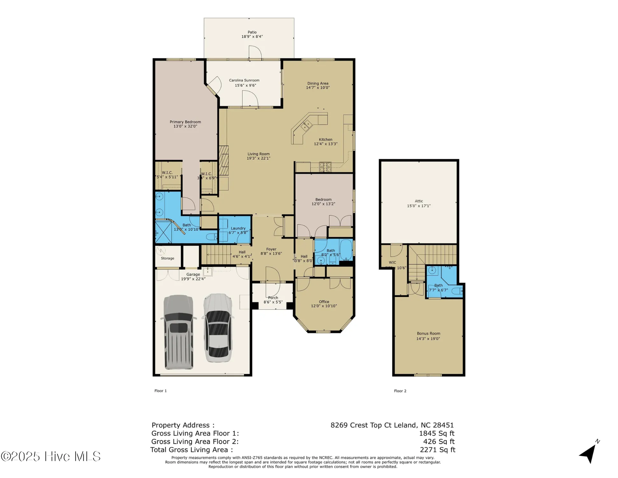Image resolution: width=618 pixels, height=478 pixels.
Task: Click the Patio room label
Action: pos(252,32)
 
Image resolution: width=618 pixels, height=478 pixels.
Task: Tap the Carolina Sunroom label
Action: pos(244,80)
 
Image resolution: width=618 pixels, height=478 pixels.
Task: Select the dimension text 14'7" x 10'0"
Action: pos(318,88)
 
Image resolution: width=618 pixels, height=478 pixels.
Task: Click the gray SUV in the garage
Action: pos(178,331)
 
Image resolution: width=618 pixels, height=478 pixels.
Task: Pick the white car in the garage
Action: pos(218,328)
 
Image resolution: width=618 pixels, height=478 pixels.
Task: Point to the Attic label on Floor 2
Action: pos(418,201)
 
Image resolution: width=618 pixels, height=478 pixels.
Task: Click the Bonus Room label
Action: pos(428,333)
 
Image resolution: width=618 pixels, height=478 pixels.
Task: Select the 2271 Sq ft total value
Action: pos(437,450)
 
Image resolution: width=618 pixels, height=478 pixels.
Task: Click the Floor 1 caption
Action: pos(160,391)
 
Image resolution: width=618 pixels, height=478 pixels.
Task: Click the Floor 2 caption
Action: pos(400,391)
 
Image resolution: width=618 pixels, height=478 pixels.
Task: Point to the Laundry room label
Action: pos(238,228)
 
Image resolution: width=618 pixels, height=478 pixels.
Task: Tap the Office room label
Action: pos(324,301)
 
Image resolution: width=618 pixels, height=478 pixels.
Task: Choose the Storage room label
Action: pos(167,258)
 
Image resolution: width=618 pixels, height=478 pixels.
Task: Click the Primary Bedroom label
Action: pos(185,122)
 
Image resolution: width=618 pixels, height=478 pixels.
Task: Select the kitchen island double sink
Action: pos(306,125)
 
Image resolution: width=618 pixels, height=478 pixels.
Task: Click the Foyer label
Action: pos(271,249)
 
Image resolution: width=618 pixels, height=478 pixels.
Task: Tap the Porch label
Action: pos(273,298)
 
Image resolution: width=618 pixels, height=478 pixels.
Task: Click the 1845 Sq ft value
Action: pos(437,433)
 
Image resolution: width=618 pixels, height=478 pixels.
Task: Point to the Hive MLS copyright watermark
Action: pos(51,456)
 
